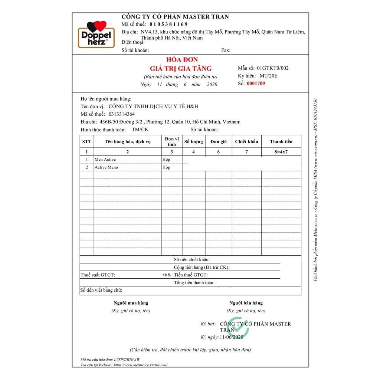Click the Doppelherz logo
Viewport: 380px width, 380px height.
click(x=96, y=34)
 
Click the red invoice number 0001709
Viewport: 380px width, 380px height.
click(x=256, y=83)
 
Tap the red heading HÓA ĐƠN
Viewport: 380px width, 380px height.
click(x=181, y=60)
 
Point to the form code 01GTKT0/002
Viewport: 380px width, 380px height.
click(x=272, y=68)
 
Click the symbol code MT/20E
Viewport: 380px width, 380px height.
click(x=269, y=76)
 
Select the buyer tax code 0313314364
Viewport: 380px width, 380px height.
click(x=122, y=114)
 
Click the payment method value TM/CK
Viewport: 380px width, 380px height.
click(x=140, y=130)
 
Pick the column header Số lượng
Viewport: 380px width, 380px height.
click(x=194, y=142)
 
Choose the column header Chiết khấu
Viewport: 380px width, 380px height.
click(x=246, y=142)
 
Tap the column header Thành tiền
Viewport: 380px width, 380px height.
click(x=281, y=142)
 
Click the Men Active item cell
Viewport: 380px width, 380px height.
click(x=105, y=160)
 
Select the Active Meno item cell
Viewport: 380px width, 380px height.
click(x=107, y=167)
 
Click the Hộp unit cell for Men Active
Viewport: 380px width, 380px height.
click(x=166, y=160)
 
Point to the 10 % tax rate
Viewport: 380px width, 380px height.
click(x=167, y=275)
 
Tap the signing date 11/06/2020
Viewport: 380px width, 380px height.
click(x=232, y=337)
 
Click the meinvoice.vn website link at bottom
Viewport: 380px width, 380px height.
click(x=140, y=365)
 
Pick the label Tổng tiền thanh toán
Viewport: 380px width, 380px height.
click(x=194, y=283)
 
